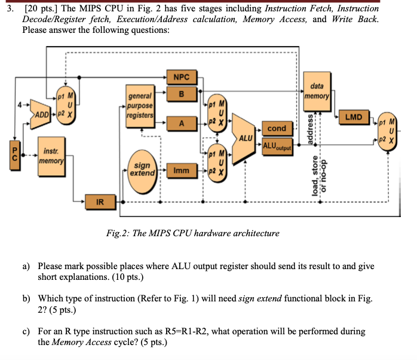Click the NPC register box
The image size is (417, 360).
click(x=181, y=77)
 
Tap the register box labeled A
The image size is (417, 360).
click(x=181, y=123)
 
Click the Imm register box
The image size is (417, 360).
click(x=181, y=171)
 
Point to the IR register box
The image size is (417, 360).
click(x=100, y=203)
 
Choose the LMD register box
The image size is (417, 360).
click(x=354, y=117)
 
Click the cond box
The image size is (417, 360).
click(x=277, y=129)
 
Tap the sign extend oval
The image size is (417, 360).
click(x=142, y=169)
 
